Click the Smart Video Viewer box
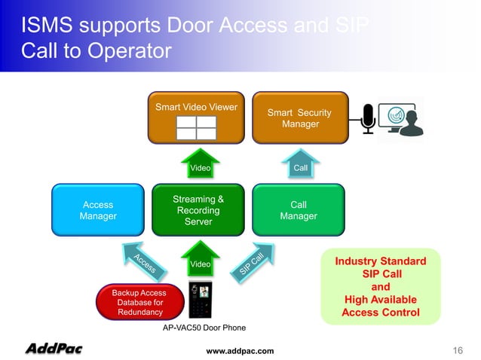pyautogui.click(x=196, y=117)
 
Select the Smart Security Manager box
pyautogui.click(x=300, y=117)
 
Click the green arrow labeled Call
pyautogui.click(x=300, y=165)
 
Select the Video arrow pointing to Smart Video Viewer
pyautogui.click(x=200, y=165)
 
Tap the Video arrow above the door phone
pyautogui.click(x=200, y=261)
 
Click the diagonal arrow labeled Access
pyautogui.click(x=141, y=261)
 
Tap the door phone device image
pyautogui.click(x=200, y=301)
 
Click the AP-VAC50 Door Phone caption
pyautogui.click(x=204, y=328)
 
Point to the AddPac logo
pyautogui.click(x=54, y=348)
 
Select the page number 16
pyautogui.click(x=457, y=350)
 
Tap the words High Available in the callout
pyautogui.click(x=381, y=300)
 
